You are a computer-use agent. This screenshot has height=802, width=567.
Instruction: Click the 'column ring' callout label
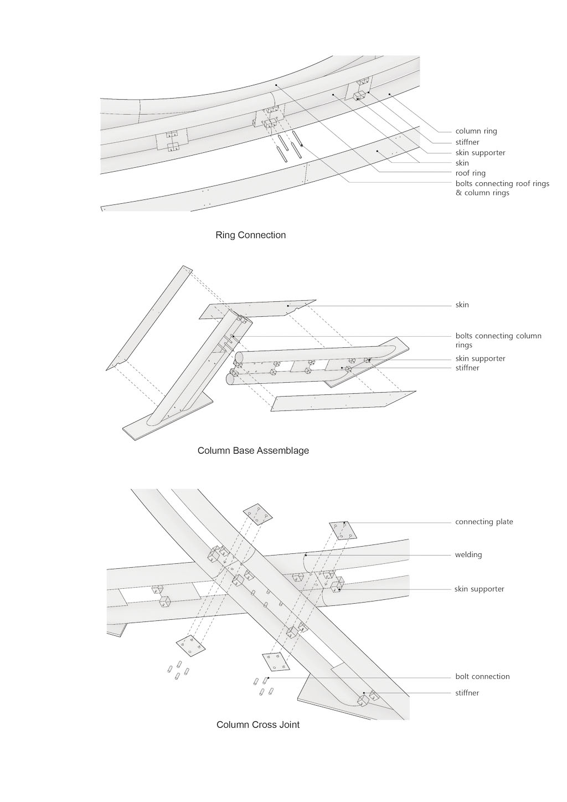[476, 131]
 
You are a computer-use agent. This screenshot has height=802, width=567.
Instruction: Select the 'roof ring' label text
[470, 173]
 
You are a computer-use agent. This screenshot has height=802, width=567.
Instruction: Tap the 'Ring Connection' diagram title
[250, 235]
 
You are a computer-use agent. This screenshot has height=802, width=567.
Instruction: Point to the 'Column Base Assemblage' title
[253, 450]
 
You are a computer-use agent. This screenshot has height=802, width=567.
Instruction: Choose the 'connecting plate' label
[484, 522]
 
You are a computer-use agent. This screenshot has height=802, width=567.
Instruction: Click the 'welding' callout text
[468, 554]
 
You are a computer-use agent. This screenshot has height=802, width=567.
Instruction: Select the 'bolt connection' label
[482, 676]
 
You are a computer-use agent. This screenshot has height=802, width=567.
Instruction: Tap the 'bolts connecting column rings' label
[498, 340]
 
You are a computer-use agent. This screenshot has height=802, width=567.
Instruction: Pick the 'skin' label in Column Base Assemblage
[462, 305]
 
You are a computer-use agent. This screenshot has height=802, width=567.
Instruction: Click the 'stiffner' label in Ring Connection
[467, 142]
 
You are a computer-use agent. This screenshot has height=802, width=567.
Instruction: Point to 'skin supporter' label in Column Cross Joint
[480, 589]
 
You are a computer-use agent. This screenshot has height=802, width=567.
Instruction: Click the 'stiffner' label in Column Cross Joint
[467, 693]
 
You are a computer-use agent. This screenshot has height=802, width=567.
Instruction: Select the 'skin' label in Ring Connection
[462, 163]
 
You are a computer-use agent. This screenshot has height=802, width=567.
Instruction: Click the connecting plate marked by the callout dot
[344, 530]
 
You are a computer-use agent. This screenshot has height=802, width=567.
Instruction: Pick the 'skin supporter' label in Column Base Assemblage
[480, 358]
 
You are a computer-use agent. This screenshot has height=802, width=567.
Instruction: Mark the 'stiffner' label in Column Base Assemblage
[467, 368]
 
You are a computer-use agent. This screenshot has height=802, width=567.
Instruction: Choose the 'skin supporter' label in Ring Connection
[480, 152]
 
